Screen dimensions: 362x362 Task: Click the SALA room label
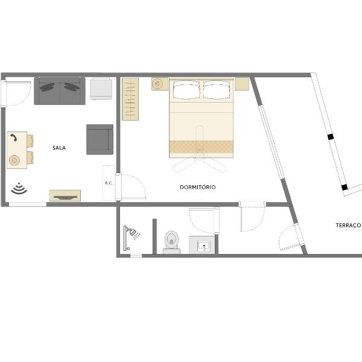coord(59,148)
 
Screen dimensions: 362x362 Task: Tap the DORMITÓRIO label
coord(198,187)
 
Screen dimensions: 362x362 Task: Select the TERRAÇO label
coord(348,225)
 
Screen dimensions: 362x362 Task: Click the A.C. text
coord(109,183)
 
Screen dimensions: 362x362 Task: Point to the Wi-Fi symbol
coord(19,188)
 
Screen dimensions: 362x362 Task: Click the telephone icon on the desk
coord(14,138)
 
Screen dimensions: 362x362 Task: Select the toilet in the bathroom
coord(171,242)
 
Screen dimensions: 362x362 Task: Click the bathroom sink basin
coord(204,246)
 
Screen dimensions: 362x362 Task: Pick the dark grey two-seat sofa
coord(60,91)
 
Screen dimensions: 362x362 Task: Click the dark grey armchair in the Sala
coord(100,139)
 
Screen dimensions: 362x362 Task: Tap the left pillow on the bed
coord(186,90)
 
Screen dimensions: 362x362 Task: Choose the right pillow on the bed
coord(217,90)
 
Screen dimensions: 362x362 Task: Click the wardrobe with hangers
coord(130,99)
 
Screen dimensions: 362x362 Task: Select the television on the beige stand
coord(65,197)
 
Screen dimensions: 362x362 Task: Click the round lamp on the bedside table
coord(157,84)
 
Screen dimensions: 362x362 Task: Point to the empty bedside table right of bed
coord(242,84)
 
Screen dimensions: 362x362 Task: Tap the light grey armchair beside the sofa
coord(101,89)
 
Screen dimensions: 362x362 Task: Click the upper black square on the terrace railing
coord(331,137)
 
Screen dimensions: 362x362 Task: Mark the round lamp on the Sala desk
coord(14,160)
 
